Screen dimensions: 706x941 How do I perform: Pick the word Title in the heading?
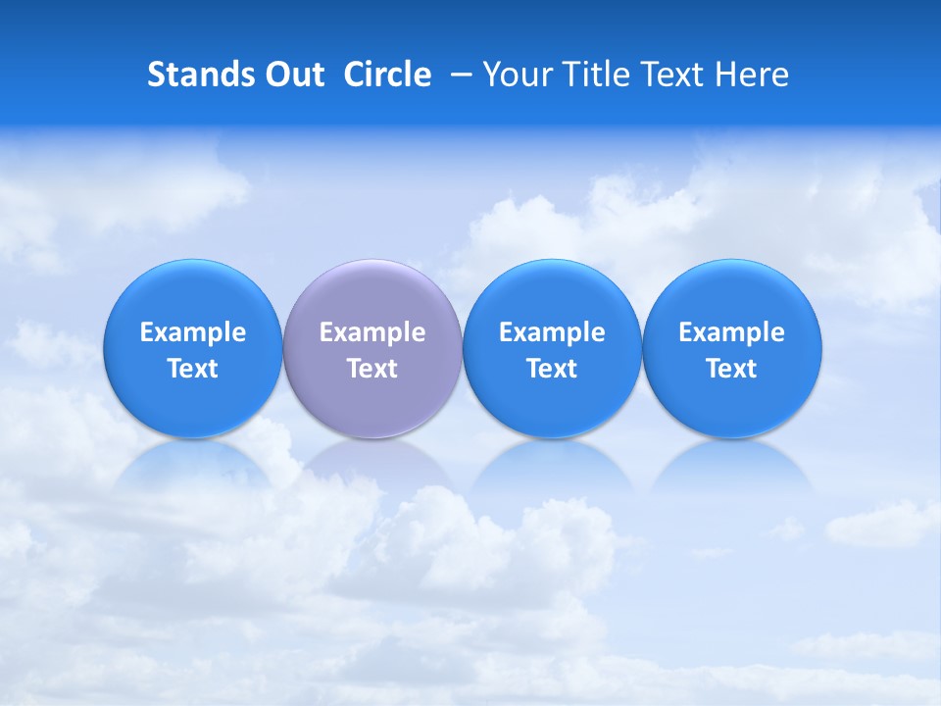click(x=591, y=75)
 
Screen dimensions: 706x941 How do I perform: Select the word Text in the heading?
click(x=669, y=75)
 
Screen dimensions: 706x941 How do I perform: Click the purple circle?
click(x=371, y=294)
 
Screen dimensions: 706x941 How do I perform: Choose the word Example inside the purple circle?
click(x=372, y=332)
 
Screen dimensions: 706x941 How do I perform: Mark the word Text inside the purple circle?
click(x=372, y=369)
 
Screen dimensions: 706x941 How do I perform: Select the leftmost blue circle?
click(x=192, y=294)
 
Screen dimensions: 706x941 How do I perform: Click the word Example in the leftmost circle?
click(x=193, y=332)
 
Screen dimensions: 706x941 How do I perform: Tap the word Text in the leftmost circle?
click(x=193, y=369)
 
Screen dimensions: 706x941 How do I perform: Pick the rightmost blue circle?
click(x=731, y=294)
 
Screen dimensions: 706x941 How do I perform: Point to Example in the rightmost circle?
click(x=731, y=332)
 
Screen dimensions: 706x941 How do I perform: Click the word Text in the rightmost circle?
click(x=731, y=369)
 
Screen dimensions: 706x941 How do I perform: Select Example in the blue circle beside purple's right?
click(x=552, y=332)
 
